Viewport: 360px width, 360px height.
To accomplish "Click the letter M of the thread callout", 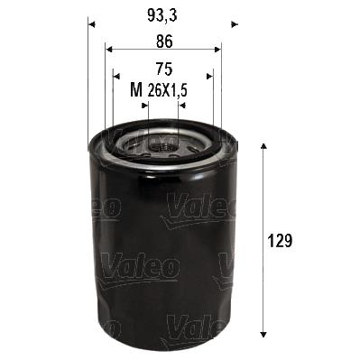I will point(135,89).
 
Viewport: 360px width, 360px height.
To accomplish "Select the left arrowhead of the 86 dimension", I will point(109,50).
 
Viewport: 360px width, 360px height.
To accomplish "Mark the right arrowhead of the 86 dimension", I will point(217,50).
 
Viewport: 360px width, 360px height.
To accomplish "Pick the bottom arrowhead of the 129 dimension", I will point(263,331).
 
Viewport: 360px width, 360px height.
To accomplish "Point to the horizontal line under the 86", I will point(162,50).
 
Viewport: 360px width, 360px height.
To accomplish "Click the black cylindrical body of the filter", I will point(162,253).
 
